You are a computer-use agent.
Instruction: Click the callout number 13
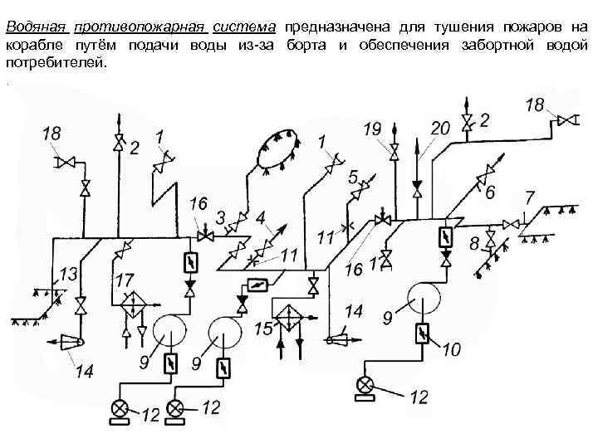(69, 273)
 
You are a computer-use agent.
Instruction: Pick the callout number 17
(126, 280)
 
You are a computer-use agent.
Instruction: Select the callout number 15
(262, 329)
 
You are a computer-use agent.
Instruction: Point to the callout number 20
(439, 128)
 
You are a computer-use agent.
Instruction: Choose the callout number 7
(529, 197)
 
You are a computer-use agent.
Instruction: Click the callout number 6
(491, 192)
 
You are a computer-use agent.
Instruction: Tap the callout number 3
(220, 217)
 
